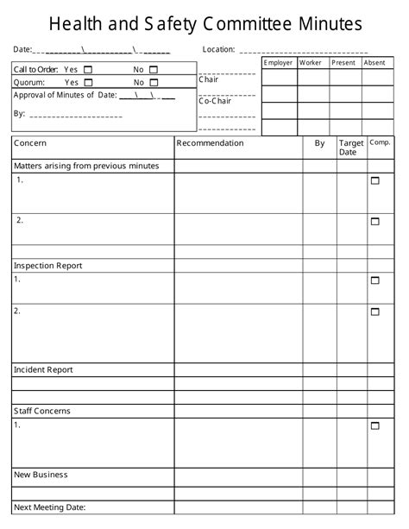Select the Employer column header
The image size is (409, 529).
[279, 63]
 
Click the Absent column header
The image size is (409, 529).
[375, 63]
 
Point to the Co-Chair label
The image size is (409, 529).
[215, 101]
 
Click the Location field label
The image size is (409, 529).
[218, 49]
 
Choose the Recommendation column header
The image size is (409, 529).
[210, 143]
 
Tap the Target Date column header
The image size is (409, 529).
[350, 148]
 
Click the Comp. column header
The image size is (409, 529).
[380, 142]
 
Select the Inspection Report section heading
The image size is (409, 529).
[47, 266]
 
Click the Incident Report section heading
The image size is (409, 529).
[43, 369]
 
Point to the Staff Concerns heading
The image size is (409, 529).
[42, 411]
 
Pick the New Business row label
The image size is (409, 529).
[41, 475]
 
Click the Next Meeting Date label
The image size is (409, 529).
[50, 507]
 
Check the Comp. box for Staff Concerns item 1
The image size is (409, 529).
[374, 425]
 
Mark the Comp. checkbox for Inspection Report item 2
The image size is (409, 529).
[374, 312]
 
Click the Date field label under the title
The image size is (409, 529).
[22, 49]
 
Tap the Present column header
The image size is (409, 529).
[343, 63]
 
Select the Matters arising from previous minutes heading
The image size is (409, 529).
[86, 165]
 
